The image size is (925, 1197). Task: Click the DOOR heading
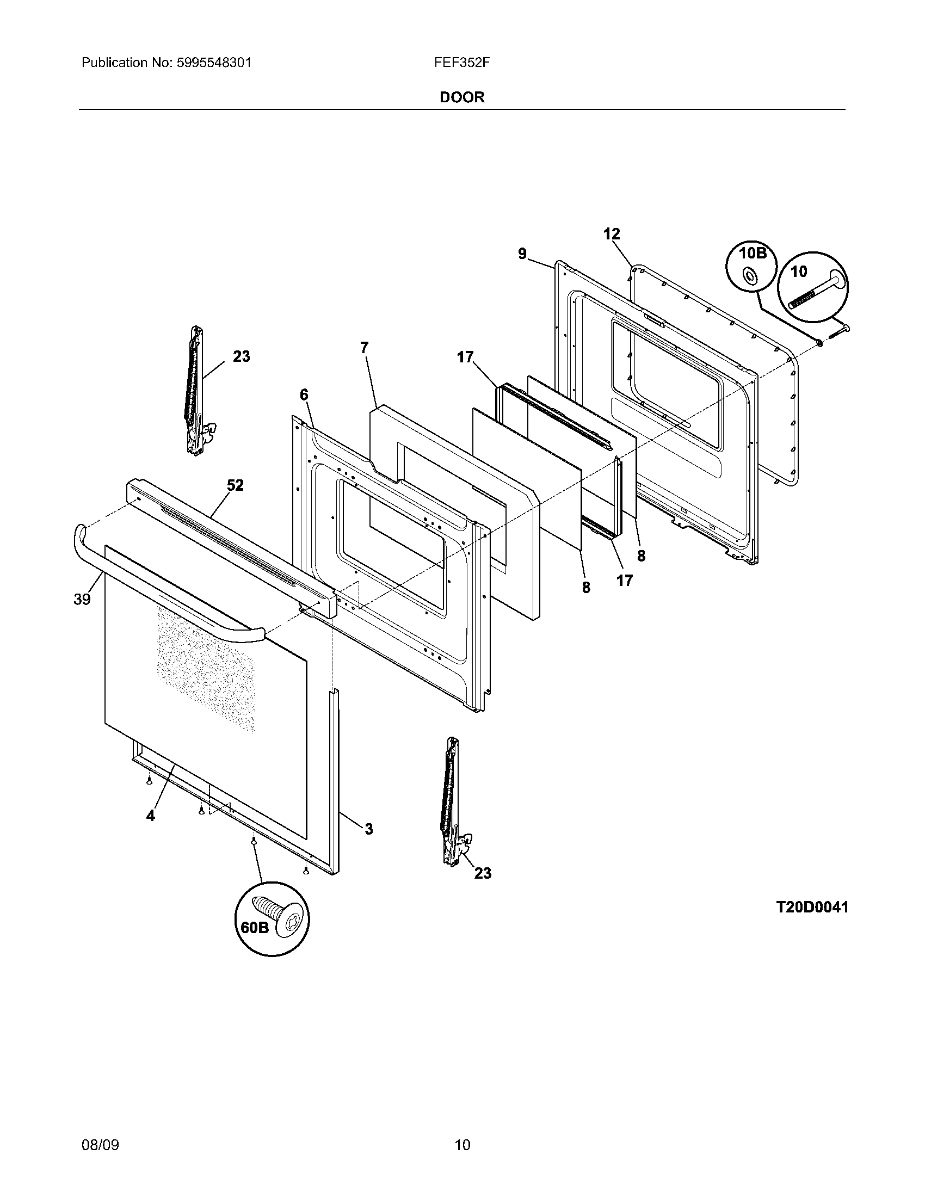[462, 97]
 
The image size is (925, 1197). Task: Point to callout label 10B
[752, 253]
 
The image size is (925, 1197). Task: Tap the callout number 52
[236, 485]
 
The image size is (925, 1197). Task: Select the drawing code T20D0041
[812, 908]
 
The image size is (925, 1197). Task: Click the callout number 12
[612, 235]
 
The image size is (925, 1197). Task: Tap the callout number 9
[522, 254]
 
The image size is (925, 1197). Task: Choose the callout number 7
[365, 348]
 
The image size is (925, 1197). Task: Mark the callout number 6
[304, 394]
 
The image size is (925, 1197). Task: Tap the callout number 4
[151, 831]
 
